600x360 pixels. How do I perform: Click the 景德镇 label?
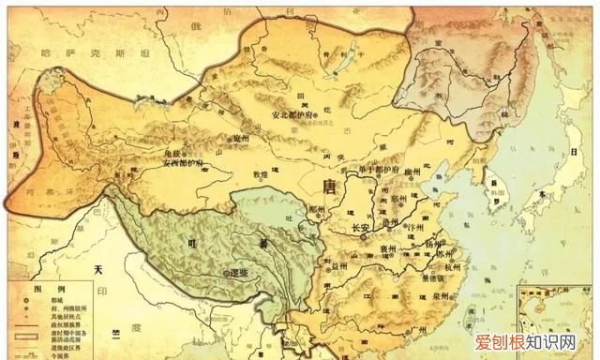(x=433, y=279)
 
